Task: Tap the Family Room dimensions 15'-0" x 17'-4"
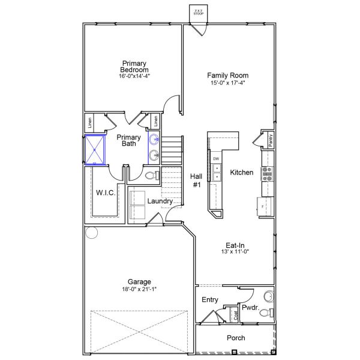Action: click(x=228, y=82)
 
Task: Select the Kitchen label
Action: click(x=242, y=172)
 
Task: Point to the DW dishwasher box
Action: click(x=216, y=158)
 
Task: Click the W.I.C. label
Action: click(x=106, y=192)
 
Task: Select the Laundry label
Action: click(x=160, y=201)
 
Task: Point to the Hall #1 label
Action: click(x=196, y=181)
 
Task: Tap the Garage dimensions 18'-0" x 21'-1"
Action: click(x=139, y=289)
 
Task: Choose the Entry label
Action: click(x=209, y=299)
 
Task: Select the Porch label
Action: click(x=236, y=338)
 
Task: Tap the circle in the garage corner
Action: click(x=91, y=232)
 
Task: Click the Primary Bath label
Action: click(x=128, y=140)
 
